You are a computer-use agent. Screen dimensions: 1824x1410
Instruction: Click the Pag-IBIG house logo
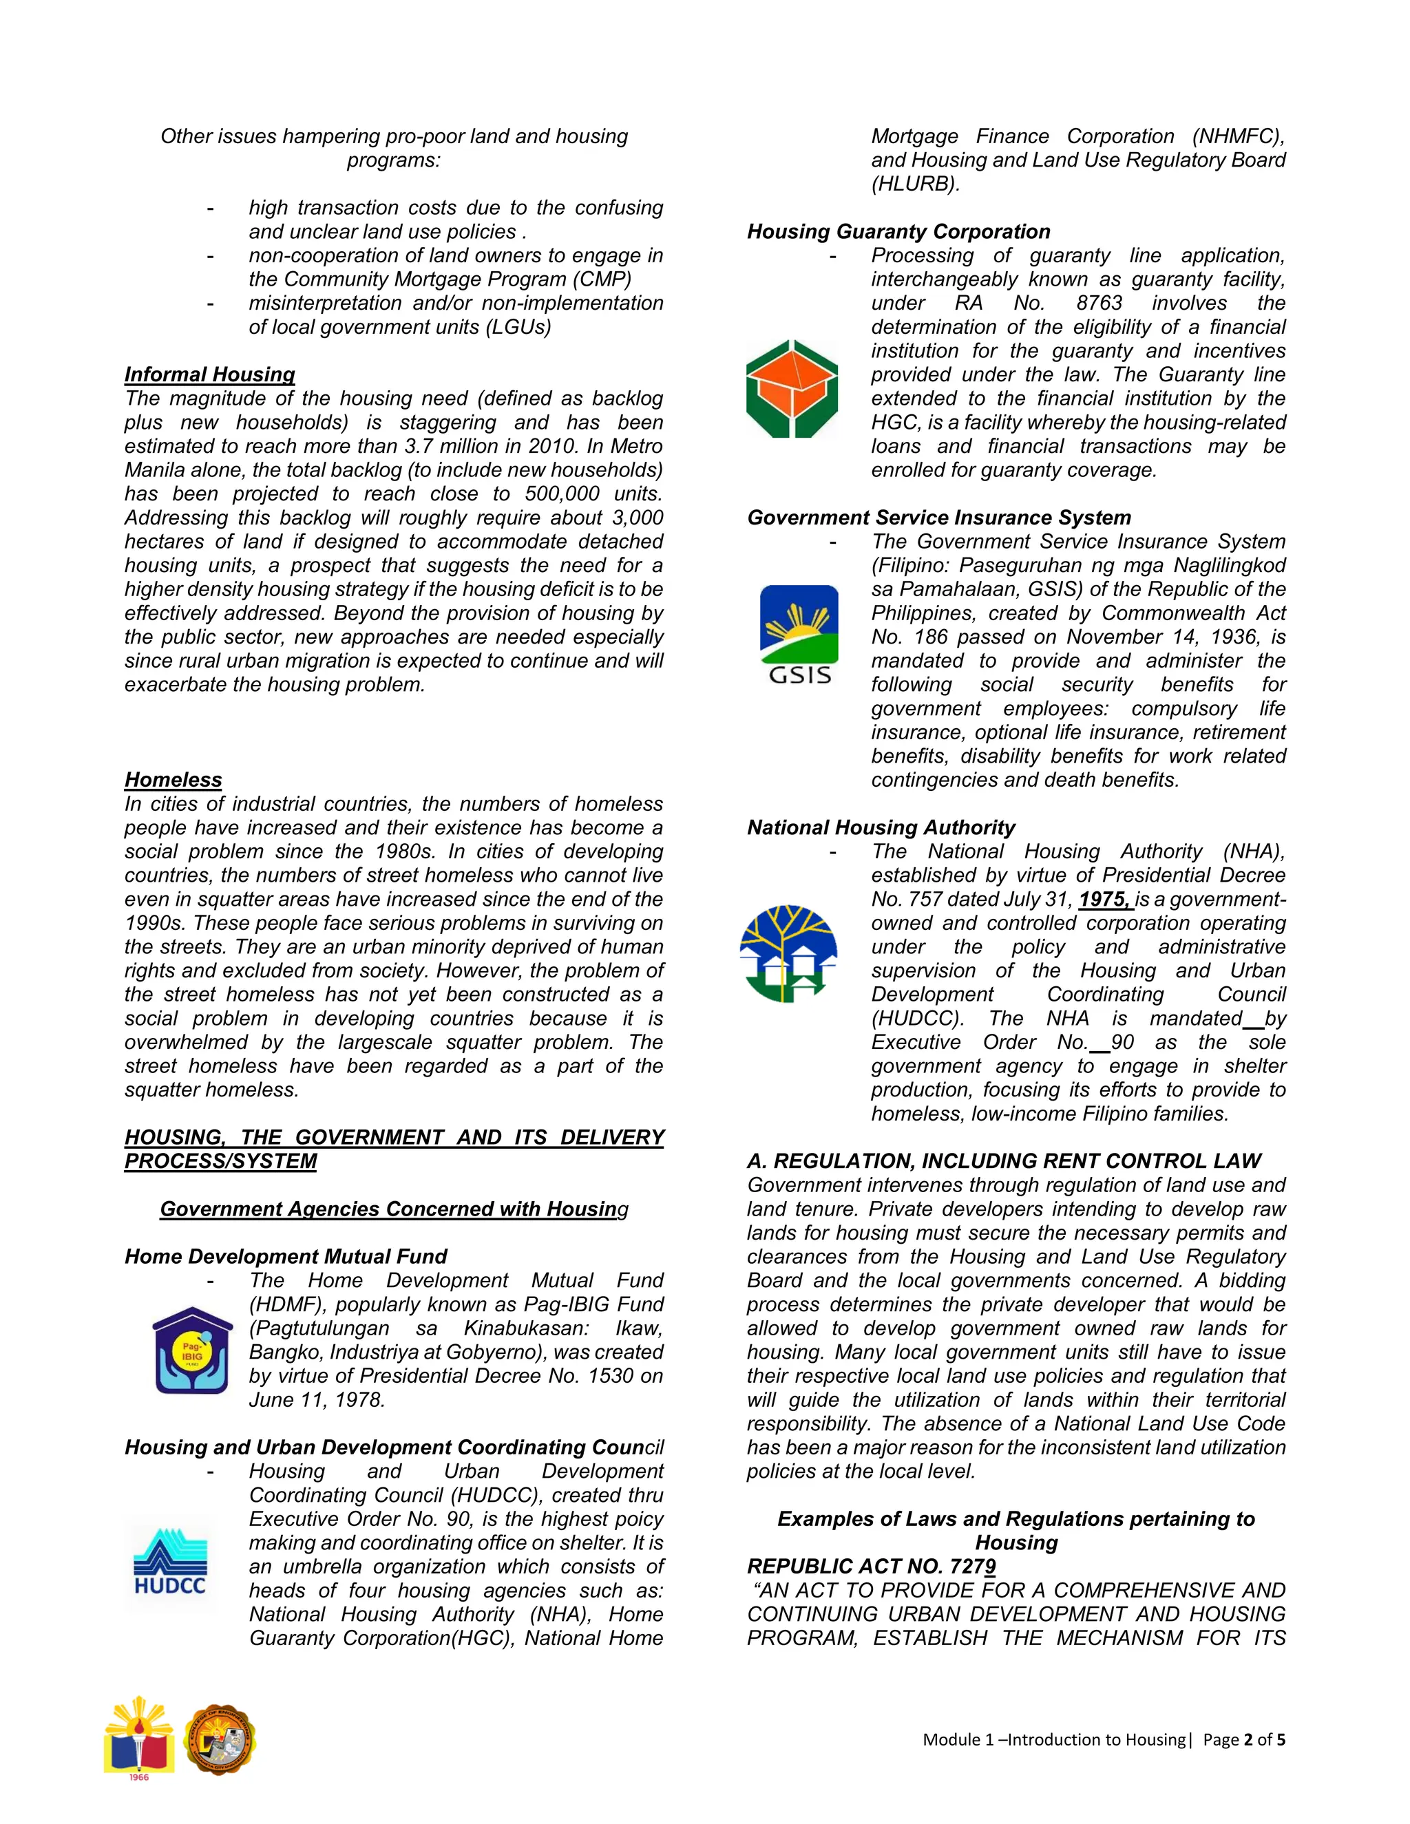click(x=192, y=1350)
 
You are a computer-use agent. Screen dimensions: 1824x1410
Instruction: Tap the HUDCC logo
click(x=171, y=1562)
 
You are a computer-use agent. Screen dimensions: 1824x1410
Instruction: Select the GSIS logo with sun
click(x=799, y=635)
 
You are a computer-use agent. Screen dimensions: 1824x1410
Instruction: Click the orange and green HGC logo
click(x=792, y=388)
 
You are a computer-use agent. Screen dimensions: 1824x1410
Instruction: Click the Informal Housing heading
click(x=210, y=374)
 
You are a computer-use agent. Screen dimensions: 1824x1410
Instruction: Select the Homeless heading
click(x=173, y=779)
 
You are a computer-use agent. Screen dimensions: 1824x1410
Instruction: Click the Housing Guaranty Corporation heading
click(x=898, y=231)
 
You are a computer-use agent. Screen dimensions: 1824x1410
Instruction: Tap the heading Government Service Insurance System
click(x=939, y=517)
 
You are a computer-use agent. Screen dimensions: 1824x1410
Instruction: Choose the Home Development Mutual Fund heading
click(x=286, y=1256)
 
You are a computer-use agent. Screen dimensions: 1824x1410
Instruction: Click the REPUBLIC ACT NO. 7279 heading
click(x=871, y=1566)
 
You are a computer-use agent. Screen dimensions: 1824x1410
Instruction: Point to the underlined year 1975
click(x=1104, y=900)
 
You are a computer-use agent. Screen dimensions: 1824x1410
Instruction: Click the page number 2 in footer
click(x=1248, y=1739)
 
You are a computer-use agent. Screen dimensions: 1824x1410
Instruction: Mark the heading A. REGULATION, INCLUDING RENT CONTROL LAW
click(x=1003, y=1161)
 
